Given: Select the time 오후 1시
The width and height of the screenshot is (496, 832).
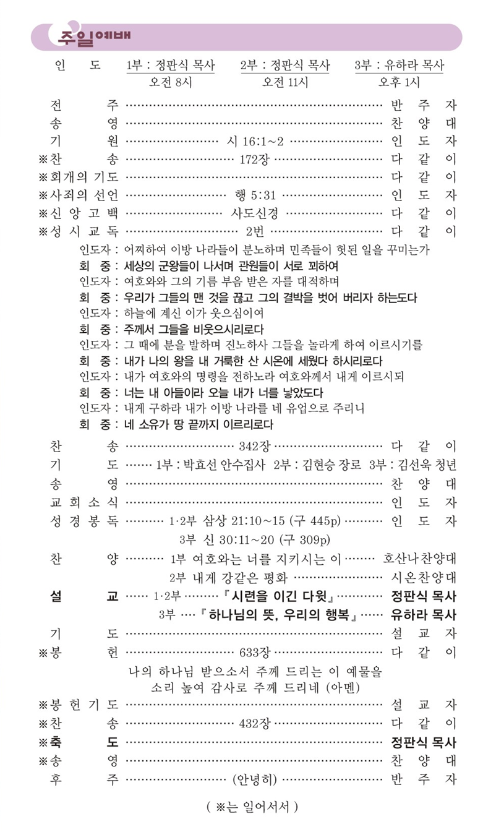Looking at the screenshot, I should (x=400, y=82).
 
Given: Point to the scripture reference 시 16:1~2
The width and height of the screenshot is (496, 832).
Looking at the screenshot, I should (x=255, y=142).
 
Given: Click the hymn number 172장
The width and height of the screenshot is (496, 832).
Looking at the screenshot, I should (x=255, y=160).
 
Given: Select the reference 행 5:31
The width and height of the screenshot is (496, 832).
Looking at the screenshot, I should (x=255, y=195).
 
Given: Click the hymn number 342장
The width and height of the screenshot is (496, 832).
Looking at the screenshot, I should (x=255, y=446).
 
